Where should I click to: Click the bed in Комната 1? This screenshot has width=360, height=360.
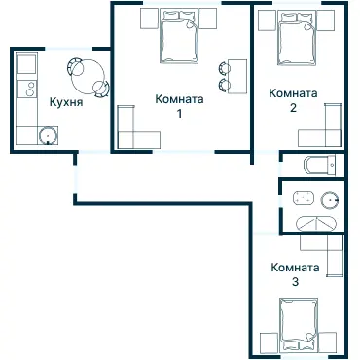click(177, 39)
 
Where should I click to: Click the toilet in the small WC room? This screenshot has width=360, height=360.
click(316, 164)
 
